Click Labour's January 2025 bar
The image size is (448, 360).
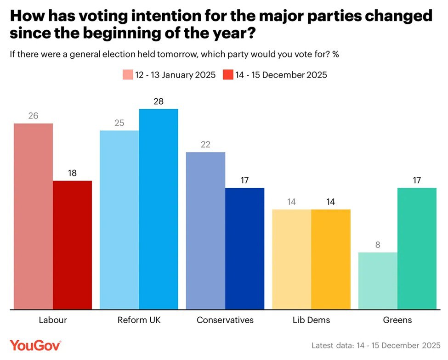[x=33, y=216]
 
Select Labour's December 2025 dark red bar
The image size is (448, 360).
[x=73, y=245]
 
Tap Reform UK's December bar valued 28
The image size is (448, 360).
[x=159, y=209]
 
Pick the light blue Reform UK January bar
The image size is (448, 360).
[x=119, y=220]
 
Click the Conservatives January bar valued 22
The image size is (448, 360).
[x=205, y=231]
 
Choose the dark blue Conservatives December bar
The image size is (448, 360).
[x=244, y=248]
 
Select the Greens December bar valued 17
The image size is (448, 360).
[x=417, y=248]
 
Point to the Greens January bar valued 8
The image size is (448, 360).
[x=377, y=281]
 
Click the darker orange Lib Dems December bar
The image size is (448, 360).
[x=331, y=259]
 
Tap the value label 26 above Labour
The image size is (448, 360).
[x=33, y=116]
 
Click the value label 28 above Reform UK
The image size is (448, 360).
[x=159, y=101]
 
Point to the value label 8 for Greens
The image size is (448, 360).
[x=377, y=245]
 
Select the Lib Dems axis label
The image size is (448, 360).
[x=311, y=320]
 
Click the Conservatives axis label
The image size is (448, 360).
[x=225, y=320]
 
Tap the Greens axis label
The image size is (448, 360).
[x=397, y=320]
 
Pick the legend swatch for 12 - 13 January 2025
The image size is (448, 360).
[x=127, y=75]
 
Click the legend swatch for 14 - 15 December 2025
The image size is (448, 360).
[x=228, y=75]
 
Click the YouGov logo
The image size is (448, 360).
[x=35, y=345]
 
